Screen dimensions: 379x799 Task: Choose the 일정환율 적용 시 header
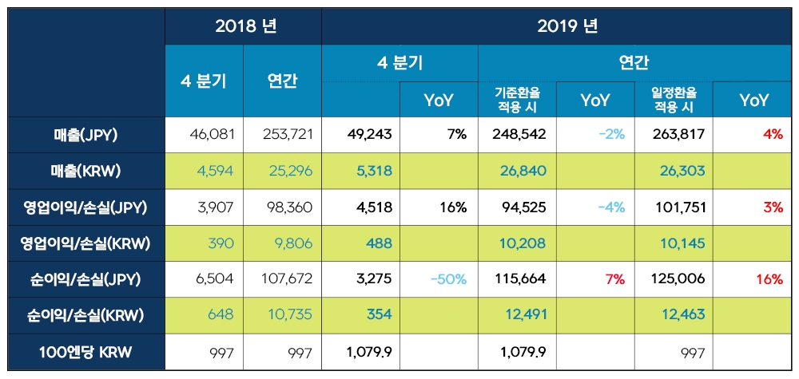pyautogui.click(x=673, y=100)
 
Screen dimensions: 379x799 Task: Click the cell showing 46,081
pyautogui.click(x=213, y=135)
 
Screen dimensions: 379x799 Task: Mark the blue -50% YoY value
pyautogui.click(x=447, y=279)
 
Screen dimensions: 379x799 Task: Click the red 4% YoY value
pyautogui.click(x=772, y=135)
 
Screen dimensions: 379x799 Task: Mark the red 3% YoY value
pyautogui.click(x=772, y=207)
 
